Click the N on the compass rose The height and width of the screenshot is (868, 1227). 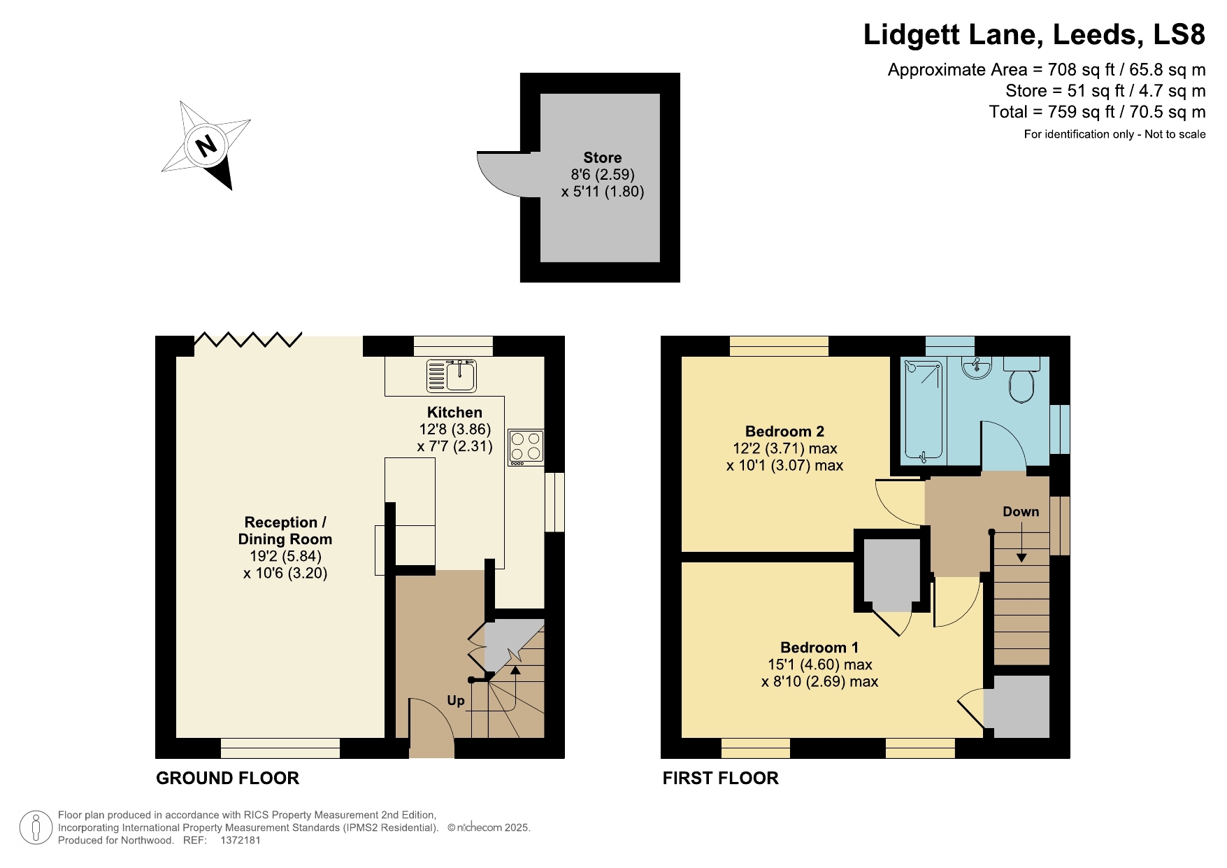point(206,146)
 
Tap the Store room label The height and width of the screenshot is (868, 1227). point(602,158)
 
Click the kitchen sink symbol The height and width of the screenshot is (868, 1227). point(452,376)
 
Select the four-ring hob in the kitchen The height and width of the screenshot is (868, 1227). point(526,447)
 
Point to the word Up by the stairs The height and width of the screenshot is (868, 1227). point(456,701)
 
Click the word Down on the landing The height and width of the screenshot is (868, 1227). point(1021,512)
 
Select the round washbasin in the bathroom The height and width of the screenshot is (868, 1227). point(976,368)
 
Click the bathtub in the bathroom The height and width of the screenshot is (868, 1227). point(924,411)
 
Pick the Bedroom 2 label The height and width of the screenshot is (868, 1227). point(784,432)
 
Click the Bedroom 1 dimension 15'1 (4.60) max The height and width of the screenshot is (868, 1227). point(819,664)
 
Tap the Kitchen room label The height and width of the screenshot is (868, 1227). point(454,413)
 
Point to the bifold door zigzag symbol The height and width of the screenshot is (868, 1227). point(247,340)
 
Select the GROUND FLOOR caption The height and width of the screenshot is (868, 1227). point(227,778)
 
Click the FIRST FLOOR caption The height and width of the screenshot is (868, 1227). point(720,778)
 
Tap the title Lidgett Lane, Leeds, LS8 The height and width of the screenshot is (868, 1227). point(1034,34)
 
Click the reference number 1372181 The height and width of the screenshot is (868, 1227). point(240,841)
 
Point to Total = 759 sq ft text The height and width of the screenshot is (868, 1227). point(1096,112)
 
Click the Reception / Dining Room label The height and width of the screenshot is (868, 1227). point(285,531)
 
